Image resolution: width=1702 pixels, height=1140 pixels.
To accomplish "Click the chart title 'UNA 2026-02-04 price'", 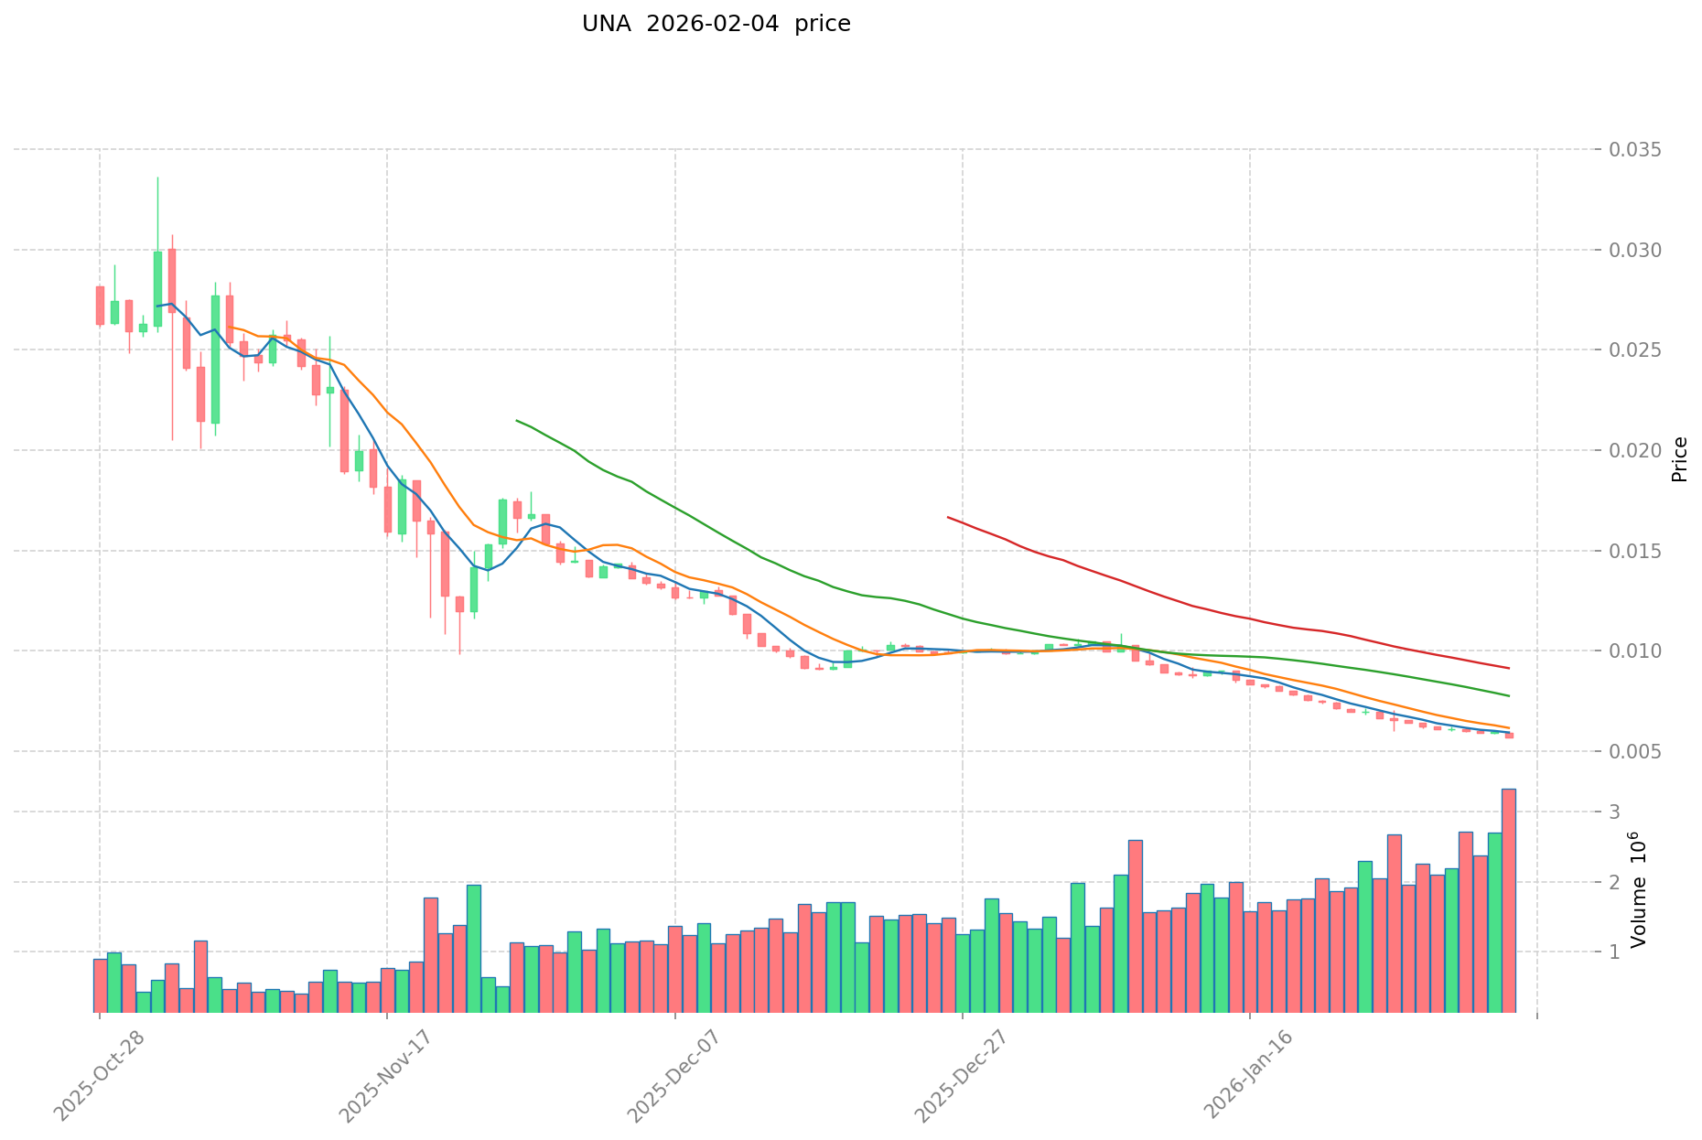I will (x=716, y=24).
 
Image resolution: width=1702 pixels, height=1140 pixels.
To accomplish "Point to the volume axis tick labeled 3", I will (x=1614, y=812).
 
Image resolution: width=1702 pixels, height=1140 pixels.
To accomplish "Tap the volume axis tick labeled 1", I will (x=1614, y=952).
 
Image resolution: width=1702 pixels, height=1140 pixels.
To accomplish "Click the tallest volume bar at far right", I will (x=1509, y=900).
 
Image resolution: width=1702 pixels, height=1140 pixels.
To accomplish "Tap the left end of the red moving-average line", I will (x=949, y=518).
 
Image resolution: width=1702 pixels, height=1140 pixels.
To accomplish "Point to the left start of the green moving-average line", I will (x=518, y=421).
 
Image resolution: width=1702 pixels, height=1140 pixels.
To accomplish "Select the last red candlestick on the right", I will (x=1509, y=735).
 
